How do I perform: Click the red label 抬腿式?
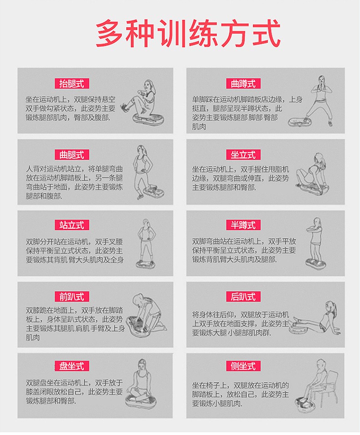(72, 83)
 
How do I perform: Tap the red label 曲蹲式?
(243, 83)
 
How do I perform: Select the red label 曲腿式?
(72, 154)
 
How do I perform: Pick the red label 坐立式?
(243, 154)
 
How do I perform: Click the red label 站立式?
(72, 225)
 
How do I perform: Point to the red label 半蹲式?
(243, 225)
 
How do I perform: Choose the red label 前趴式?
(72, 297)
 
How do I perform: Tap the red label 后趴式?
(243, 297)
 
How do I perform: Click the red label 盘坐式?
(72, 366)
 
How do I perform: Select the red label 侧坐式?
(243, 366)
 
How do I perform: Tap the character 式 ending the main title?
(266, 34)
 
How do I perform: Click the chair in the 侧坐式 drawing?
(330, 387)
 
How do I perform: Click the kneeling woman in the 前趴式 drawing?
(149, 312)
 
